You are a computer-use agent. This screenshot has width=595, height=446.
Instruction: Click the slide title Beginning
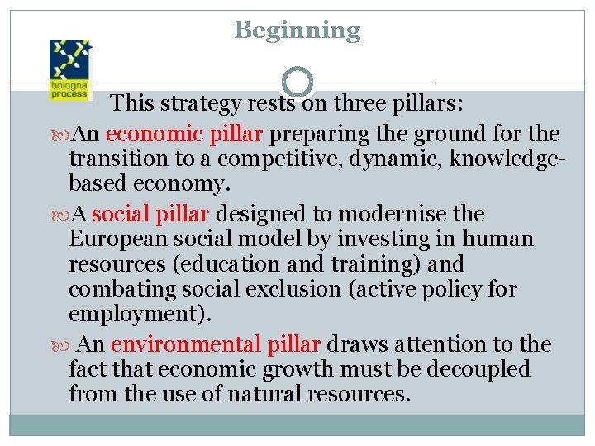click(x=297, y=31)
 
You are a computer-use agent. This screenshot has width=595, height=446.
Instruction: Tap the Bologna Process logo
click(x=71, y=69)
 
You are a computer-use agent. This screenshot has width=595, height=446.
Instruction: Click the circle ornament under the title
click(x=297, y=82)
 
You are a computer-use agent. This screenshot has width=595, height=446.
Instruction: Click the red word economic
click(x=155, y=134)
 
